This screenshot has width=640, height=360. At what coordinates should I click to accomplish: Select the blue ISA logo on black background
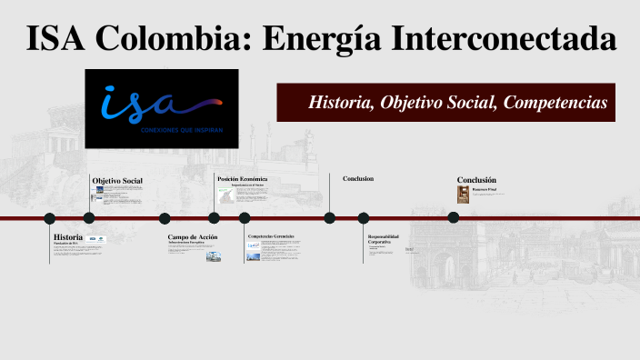tap(162, 108)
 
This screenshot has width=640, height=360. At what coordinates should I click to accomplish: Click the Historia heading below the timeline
tap(68, 236)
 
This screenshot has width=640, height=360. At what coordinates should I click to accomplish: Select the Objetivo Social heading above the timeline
tap(117, 181)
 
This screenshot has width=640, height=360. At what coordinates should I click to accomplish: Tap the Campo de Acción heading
tap(192, 236)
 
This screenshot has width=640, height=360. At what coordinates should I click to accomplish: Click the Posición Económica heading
tap(242, 179)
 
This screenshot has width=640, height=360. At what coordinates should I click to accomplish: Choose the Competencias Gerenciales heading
tap(271, 236)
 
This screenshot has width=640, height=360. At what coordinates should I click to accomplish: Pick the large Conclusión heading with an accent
tap(476, 180)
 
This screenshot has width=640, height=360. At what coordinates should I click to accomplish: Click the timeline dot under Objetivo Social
tap(89, 217)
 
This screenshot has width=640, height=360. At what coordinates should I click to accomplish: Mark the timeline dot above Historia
tap(50, 218)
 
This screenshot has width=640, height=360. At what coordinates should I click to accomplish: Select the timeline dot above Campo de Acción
tap(165, 218)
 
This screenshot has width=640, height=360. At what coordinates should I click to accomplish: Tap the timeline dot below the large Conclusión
tap(453, 217)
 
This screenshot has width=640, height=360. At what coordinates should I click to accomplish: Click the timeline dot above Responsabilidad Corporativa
tap(364, 218)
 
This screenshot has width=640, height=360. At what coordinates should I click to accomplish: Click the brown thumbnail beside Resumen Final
tap(463, 195)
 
